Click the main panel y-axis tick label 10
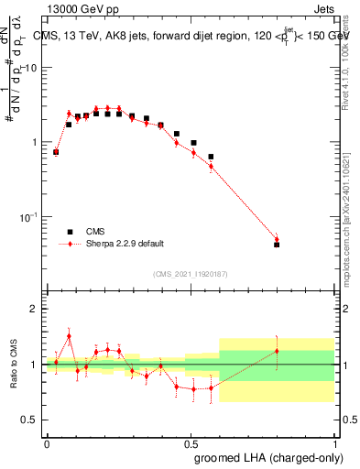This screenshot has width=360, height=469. (30, 68)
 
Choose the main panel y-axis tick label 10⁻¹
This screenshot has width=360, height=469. (27, 217)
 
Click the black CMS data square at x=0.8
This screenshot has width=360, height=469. (277, 245)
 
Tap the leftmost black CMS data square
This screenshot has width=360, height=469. (56, 152)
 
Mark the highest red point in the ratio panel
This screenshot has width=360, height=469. (69, 336)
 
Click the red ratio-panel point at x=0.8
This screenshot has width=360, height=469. (277, 351)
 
